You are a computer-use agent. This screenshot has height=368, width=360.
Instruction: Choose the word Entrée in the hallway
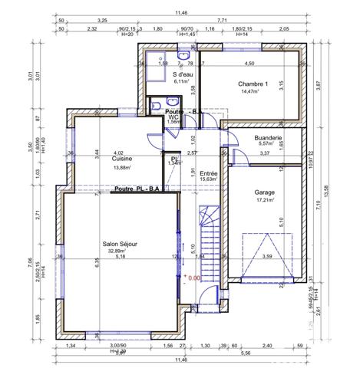208,173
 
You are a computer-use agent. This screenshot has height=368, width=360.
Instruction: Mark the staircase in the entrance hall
209,230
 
